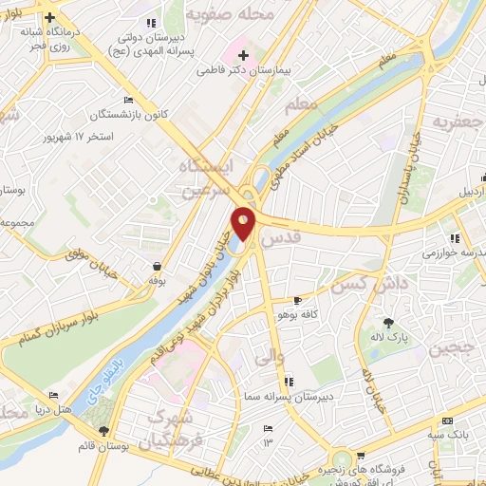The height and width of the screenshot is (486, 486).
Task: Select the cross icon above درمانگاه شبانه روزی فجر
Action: [x=49, y=17]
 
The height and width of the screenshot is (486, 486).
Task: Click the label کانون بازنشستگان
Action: [x=129, y=115]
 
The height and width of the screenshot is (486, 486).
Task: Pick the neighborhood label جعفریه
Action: [x=453, y=122]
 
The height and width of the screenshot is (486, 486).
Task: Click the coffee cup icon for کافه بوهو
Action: [x=297, y=300]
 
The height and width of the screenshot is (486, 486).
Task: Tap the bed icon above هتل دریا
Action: [x=54, y=395]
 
